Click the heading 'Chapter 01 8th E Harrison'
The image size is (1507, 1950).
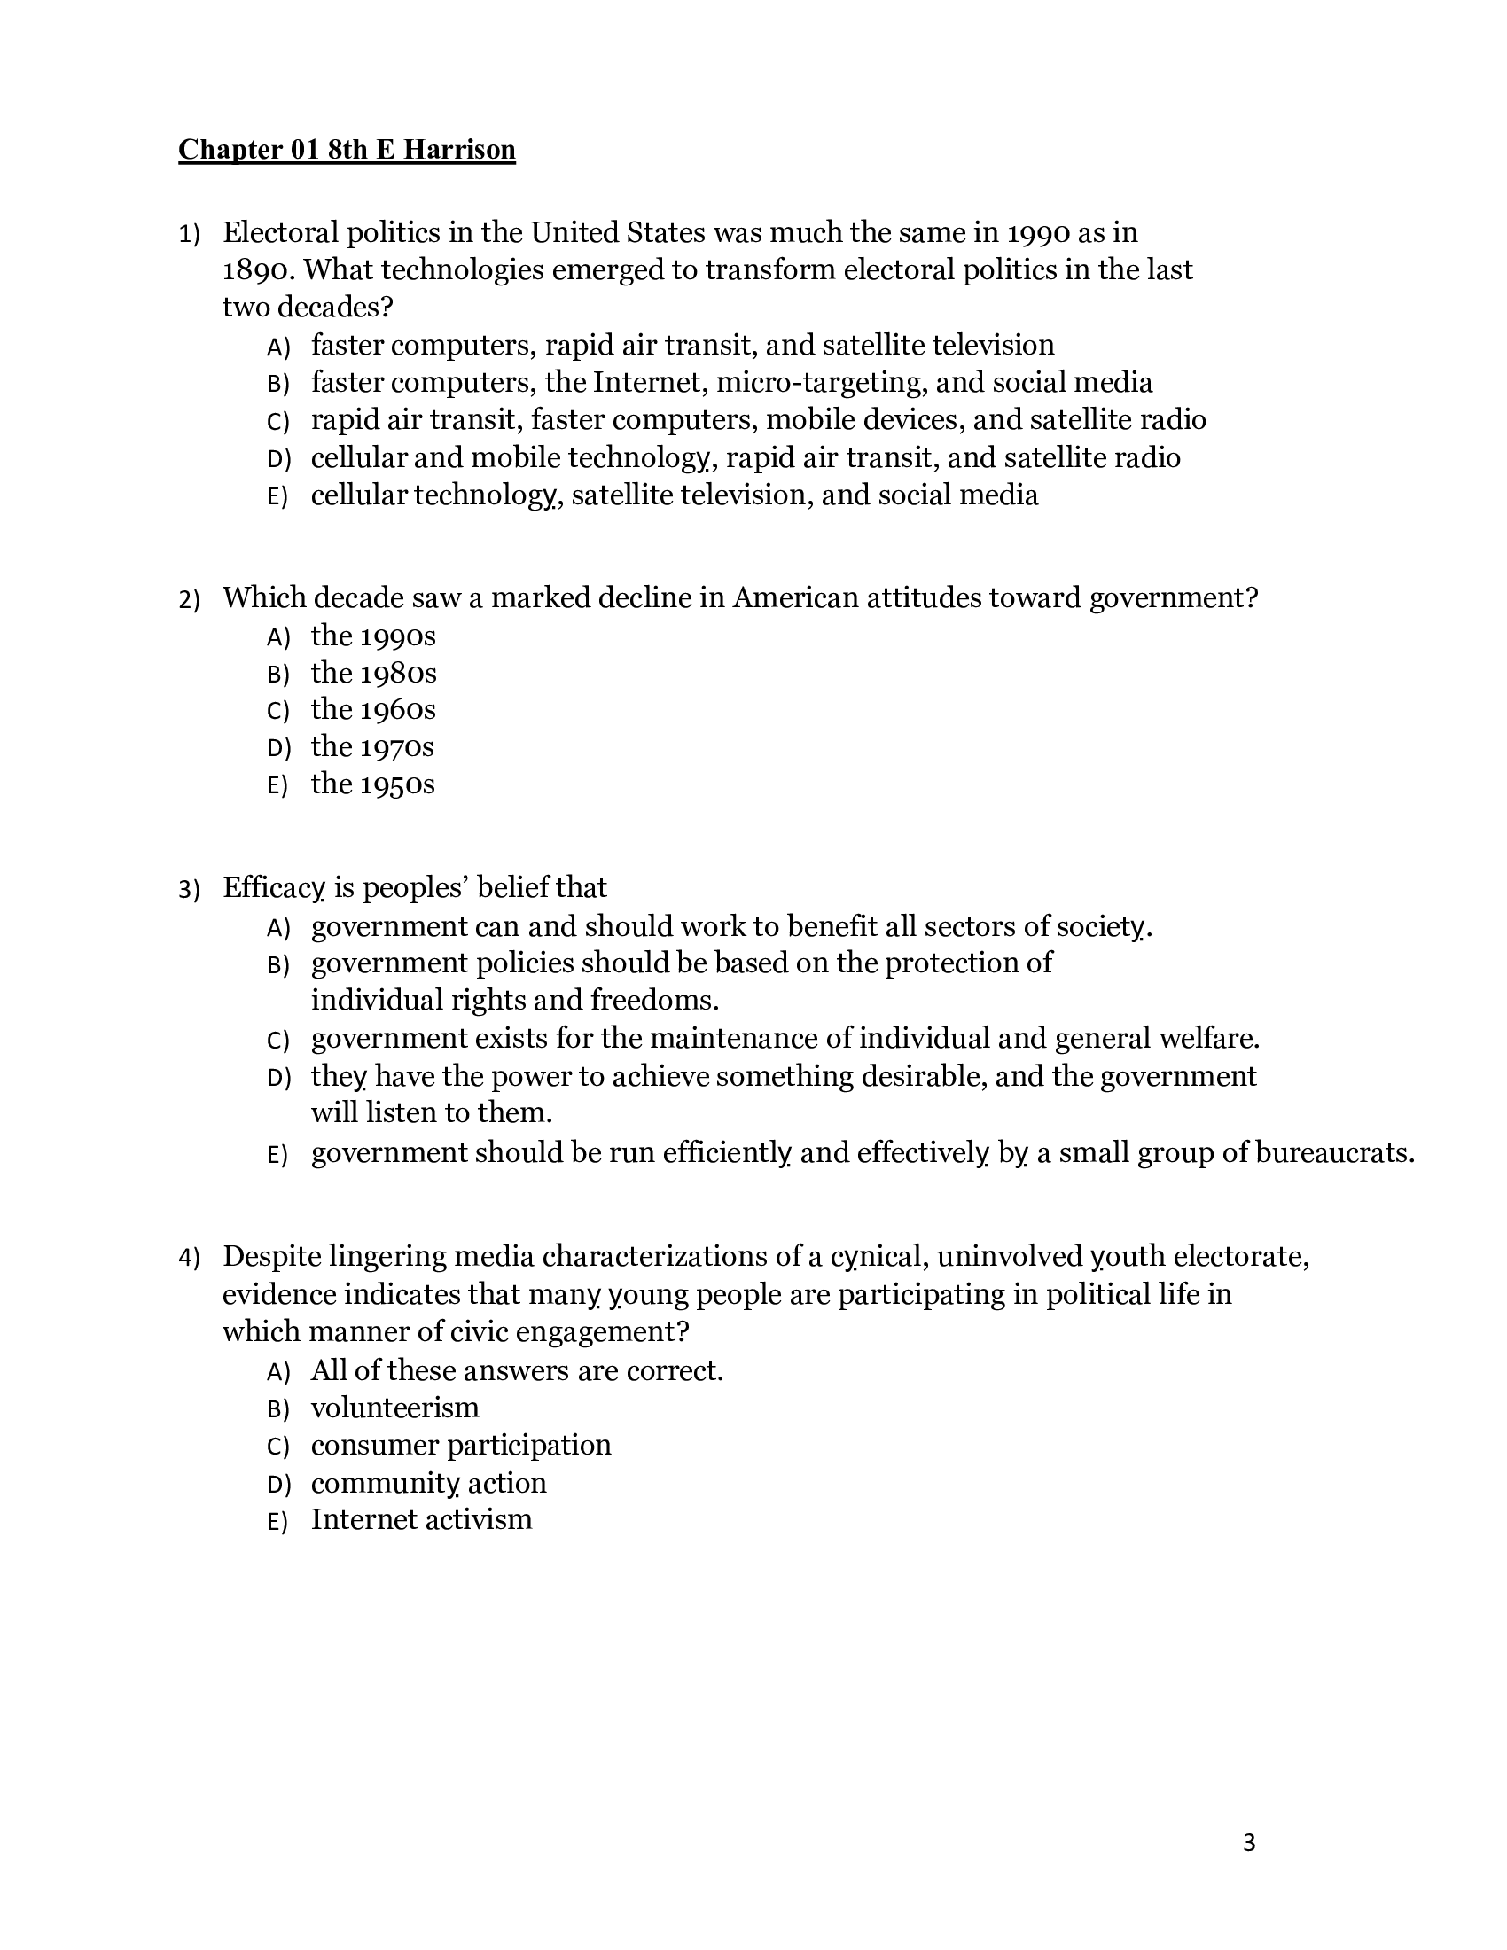(x=347, y=149)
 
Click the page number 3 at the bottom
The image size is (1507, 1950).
(x=1248, y=1843)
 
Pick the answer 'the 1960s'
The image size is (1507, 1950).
(x=373, y=710)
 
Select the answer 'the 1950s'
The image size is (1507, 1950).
(x=373, y=784)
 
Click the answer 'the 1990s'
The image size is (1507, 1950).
(x=373, y=636)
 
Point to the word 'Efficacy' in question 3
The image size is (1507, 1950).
(x=273, y=887)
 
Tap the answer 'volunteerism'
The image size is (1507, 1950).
(x=394, y=1408)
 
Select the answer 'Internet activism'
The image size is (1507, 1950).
(x=421, y=1519)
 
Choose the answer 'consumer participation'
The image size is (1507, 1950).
(x=461, y=1446)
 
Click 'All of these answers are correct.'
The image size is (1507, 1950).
(x=517, y=1370)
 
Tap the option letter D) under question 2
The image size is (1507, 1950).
(x=278, y=748)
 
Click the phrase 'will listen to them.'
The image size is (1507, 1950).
(x=432, y=1113)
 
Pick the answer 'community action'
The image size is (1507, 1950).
(x=428, y=1483)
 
